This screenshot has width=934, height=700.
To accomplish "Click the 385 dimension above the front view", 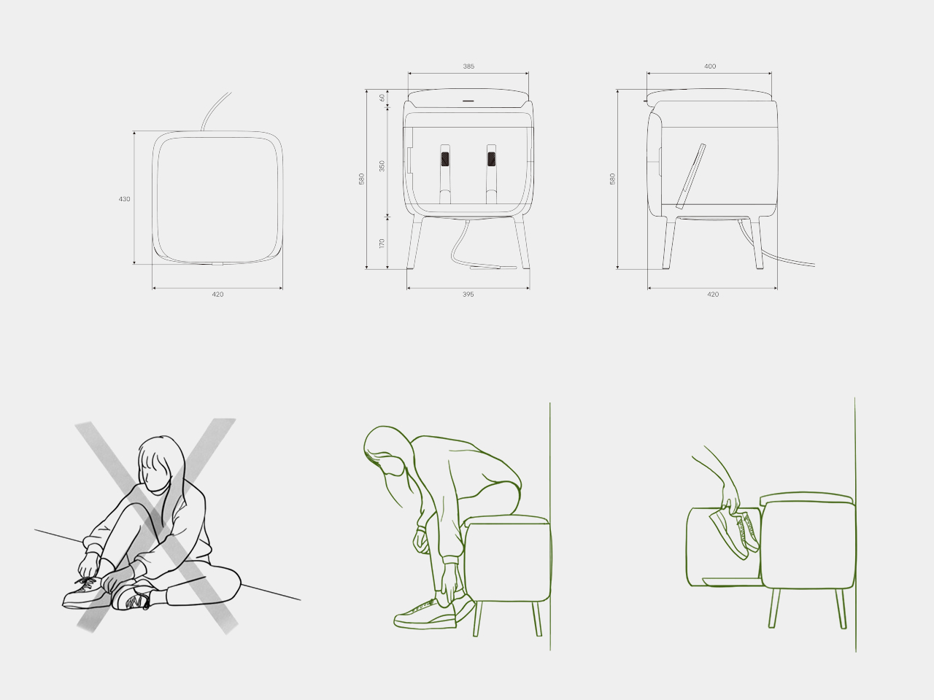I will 468,66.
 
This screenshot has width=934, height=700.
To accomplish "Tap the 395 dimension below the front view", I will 468,295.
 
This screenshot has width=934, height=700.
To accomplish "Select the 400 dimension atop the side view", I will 710,66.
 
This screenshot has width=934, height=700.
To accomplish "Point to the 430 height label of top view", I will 125,198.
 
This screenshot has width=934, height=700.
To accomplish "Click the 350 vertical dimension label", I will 382,166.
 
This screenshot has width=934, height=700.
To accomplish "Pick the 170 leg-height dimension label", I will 382,243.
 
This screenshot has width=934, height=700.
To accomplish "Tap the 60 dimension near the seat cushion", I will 382,97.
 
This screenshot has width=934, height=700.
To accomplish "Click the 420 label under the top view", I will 217,295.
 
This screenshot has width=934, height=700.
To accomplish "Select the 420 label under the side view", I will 713,295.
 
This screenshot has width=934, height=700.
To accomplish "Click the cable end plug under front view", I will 492,268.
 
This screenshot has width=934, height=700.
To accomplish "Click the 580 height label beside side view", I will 613,179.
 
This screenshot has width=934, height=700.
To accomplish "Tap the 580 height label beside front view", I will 361,179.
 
